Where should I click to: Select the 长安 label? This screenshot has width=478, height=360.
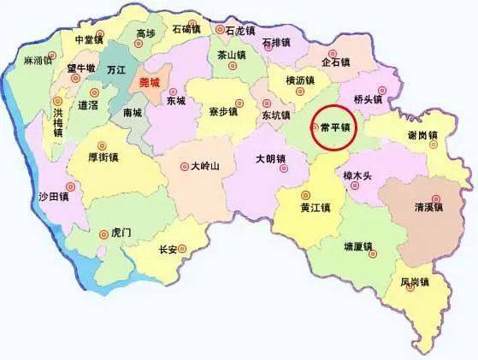(x=167, y=250)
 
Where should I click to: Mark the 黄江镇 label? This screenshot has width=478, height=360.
(x=317, y=207)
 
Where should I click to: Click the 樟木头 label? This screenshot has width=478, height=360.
(x=357, y=176)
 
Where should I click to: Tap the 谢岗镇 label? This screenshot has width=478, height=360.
(x=422, y=136)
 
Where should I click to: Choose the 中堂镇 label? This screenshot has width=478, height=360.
(x=90, y=39)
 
